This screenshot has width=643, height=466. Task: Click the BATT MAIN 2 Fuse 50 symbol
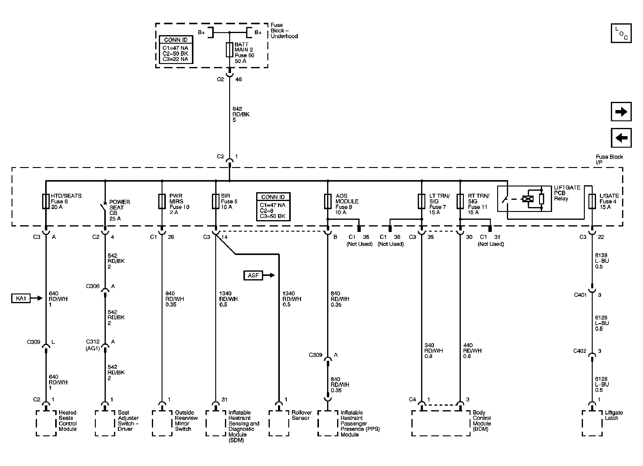[229, 50]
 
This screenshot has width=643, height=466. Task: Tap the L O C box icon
[621, 33]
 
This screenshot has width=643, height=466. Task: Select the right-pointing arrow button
[621, 112]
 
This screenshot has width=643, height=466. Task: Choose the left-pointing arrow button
[621, 138]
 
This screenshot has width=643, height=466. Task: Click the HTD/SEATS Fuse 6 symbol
[46, 202]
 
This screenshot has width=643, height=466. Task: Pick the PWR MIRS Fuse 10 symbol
[162, 202]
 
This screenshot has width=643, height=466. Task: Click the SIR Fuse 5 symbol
[216, 202]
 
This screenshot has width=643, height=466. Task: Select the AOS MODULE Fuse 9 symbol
[328, 202]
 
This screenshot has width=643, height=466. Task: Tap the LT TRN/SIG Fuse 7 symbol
[421, 202]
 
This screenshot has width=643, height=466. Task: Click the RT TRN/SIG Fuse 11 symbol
[460, 202]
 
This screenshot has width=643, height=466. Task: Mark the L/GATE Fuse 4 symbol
[592, 202]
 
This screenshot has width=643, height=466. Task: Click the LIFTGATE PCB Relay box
[524, 199]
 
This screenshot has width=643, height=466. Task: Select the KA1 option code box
[21, 298]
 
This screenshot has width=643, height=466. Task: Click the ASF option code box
[253, 275]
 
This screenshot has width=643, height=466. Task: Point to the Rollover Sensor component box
[279, 423]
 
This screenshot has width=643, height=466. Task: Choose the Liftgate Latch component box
[592, 423]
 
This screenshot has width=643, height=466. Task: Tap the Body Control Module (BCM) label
[481, 421]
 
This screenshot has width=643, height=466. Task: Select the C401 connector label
[580, 295]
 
